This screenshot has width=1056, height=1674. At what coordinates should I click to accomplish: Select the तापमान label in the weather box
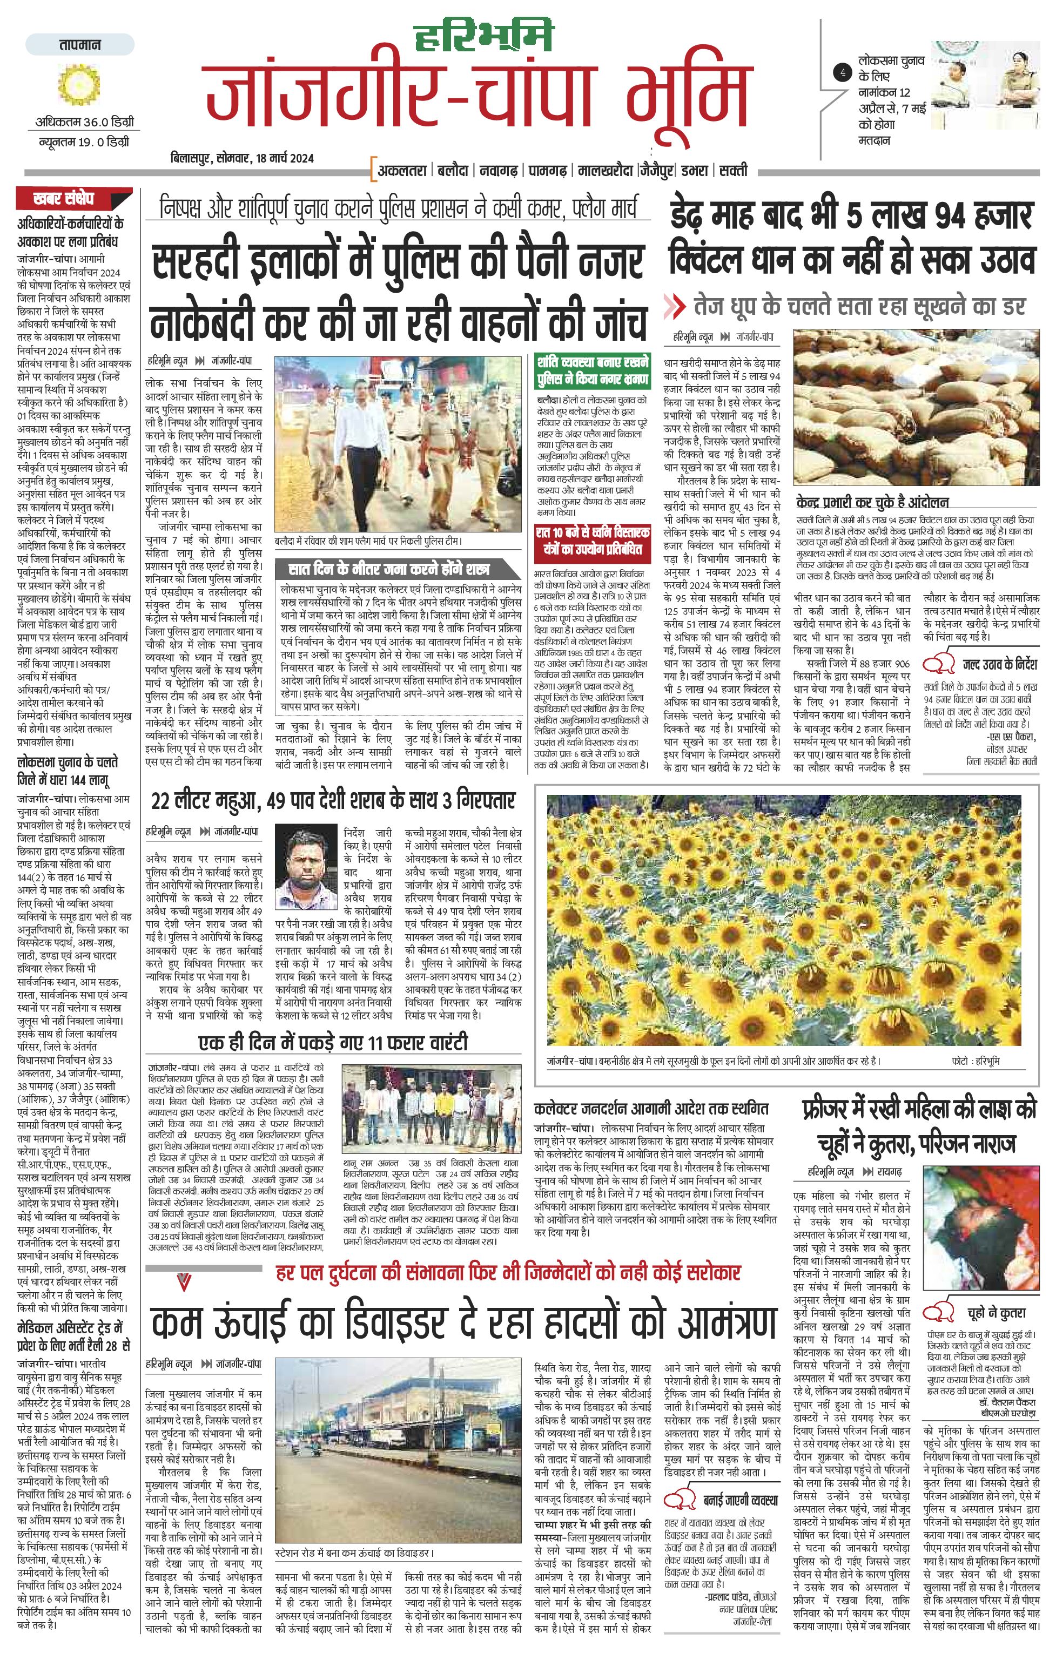point(80,44)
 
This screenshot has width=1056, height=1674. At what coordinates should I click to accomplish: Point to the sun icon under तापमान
point(80,85)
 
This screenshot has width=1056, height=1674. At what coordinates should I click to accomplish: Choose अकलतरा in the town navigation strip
point(402,170)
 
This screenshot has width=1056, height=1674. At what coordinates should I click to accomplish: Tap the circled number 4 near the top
point(843,72)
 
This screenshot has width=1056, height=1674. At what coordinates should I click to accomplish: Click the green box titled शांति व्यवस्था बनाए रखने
point(593,370)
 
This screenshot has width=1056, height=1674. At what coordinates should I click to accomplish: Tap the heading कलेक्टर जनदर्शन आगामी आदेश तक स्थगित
point(651,1108)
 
